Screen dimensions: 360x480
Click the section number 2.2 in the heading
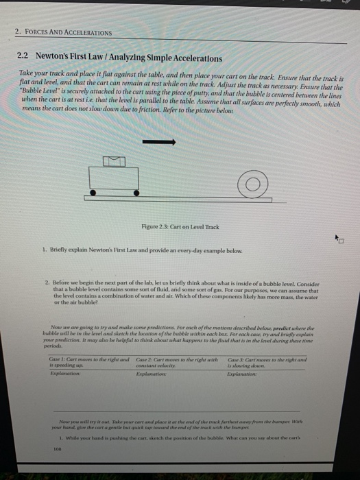[23, 58]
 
